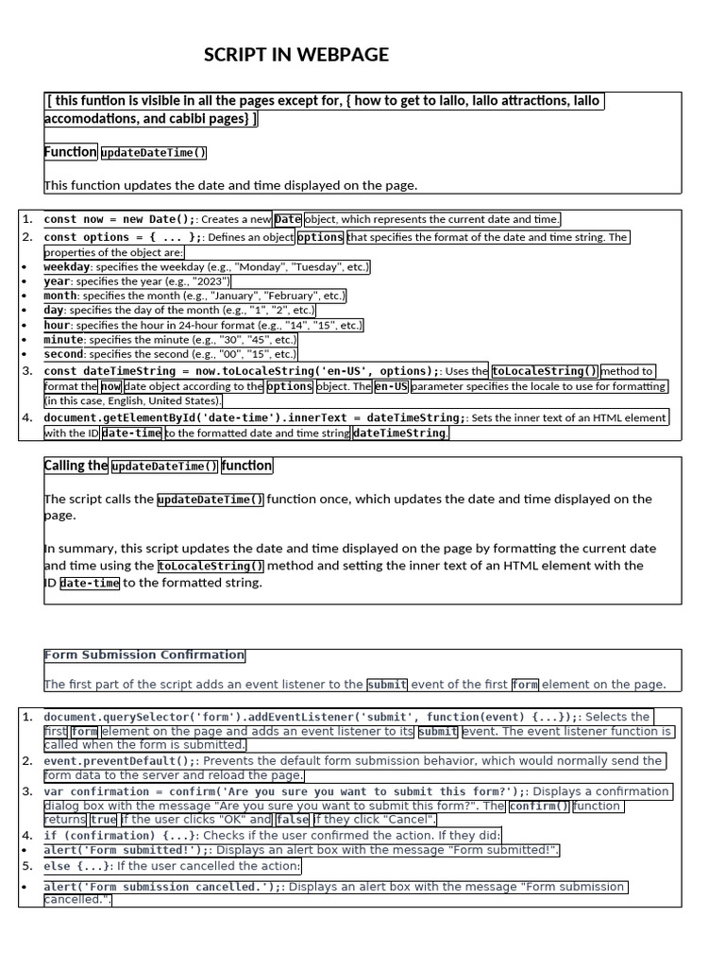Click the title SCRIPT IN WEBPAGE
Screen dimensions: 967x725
[296, 56]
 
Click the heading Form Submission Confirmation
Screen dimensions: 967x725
[144, 655]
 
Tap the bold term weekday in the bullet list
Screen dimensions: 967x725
[67, 267]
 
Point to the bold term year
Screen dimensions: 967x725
[58, 281]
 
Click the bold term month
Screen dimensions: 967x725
[61, 296]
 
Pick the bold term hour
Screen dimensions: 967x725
[58, 325]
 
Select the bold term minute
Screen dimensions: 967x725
[64, 339]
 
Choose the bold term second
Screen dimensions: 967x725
[64, 354]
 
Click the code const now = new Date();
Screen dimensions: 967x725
[120, 219]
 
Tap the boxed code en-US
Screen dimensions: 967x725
[391, 386]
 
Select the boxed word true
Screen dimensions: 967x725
[104, 821]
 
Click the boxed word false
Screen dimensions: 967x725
[293, 821]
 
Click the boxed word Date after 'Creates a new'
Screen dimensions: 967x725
[288, 219]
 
